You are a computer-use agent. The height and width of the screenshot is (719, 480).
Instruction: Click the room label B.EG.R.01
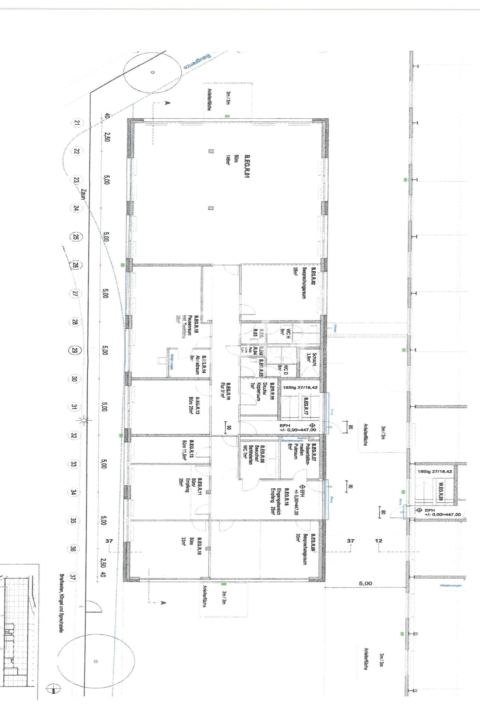tap(247, 166)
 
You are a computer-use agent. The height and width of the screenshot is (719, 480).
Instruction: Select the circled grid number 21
tap(77, 122)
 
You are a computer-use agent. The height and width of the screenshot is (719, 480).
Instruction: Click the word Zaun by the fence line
tap(83, 194)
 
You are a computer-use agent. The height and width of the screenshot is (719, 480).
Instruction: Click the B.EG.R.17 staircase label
tap(306, 406)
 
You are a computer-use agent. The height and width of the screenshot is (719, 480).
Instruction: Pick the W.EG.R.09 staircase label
tap(441, 491)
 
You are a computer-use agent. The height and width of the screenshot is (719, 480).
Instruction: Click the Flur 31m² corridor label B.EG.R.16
tap(225, 391)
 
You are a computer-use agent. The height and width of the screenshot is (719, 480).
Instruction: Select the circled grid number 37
tap(73, 577)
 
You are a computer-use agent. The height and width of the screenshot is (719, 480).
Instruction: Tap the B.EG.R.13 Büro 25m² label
tap(194, 406)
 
